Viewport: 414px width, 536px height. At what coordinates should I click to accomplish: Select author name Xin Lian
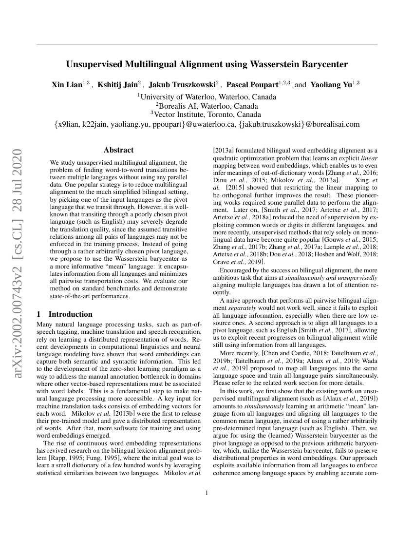[65, 85]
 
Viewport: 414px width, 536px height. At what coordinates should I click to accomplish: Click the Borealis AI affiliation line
[207, 106]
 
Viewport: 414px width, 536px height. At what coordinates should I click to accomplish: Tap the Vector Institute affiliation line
[207, 115]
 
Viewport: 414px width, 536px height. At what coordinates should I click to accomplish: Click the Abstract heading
[118, 150]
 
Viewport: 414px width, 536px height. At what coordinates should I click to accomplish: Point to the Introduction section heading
[70, 314]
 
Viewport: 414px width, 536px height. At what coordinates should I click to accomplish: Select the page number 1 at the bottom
[207, 493]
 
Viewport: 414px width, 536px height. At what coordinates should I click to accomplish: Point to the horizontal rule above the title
[207, 44]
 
